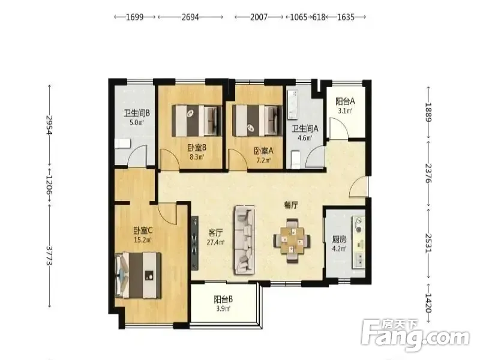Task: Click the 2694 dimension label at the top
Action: pyautogui.click(x=190, y=17)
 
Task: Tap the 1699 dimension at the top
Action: pyautogui.click(x=134, y=17)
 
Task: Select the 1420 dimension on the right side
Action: pyautogui.click(x=428, y=303)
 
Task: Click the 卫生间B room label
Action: pyautogui.click(x=137, y=113)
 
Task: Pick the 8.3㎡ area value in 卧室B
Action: pyautogui.click(x=197, y=157)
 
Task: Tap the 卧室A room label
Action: pyautogui.click(x=263, y=151)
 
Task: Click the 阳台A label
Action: pyautogui.click(x=345, y=101)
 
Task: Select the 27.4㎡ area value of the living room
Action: pyautogui.click(x=216, y=242)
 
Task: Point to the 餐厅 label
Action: pyautogui.click(x=291, y=205)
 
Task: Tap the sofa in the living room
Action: pyautogui.click(x=245, y=239)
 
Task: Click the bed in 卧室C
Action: pyautogui.click(x=138, y=275)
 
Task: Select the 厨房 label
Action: pyautogui.click(x=339, y=239)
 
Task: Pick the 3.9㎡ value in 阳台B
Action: pyautogui.click(x=223, y=308)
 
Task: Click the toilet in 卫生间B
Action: pyautogui.click(x=123, y=143)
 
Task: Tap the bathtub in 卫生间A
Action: pyautogui.click(x=292, y=104)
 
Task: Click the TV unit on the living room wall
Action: pyautogui.click(x=194, y=243)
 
